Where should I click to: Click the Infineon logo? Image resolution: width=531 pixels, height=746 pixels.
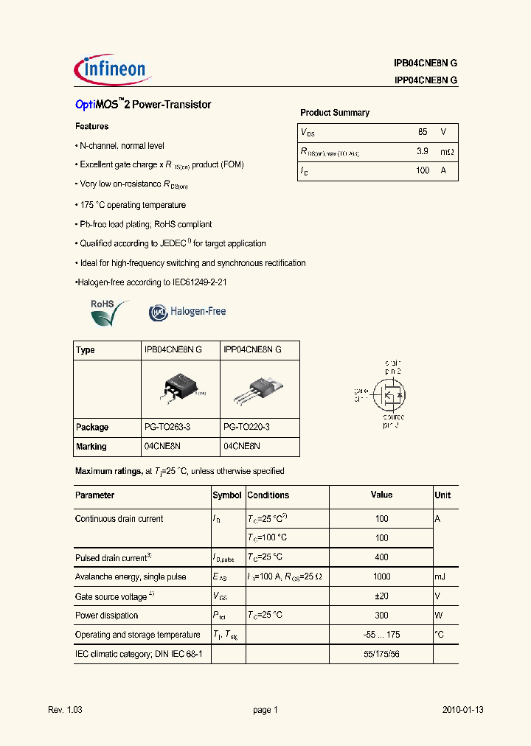112,69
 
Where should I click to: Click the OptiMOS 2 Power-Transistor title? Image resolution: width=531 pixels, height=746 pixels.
143,105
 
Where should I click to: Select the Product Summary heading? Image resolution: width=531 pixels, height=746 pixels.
334,113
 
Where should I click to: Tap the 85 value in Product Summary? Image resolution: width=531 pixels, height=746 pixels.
422,132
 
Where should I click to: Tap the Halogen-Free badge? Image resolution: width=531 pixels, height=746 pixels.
187,312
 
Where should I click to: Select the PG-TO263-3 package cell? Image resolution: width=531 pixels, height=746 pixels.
167,427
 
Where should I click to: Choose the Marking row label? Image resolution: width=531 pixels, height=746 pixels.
91,447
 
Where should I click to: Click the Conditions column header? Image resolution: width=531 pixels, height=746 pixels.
268,495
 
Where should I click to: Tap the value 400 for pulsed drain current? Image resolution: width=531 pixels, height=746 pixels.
381,557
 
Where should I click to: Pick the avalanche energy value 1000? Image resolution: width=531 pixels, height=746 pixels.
381,576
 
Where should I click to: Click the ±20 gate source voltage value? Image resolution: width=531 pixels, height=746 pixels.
381,596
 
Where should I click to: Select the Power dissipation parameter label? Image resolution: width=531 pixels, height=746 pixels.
107,615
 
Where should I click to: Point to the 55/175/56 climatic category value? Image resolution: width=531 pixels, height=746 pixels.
381,653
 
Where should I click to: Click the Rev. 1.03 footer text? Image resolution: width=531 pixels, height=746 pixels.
65,710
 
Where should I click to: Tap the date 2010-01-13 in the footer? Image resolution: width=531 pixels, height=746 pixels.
462,710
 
